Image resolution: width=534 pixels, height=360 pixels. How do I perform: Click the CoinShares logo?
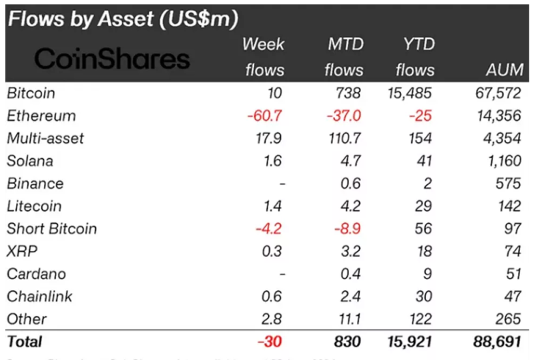112,59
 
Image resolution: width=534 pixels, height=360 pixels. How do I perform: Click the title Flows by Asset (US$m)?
122,19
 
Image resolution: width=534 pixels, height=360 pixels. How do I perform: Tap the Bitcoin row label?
31,93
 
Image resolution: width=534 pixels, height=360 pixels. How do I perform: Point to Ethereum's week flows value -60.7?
265,116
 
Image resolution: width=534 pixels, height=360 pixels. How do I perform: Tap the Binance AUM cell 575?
507,184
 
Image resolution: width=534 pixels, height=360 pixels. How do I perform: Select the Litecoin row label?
33,206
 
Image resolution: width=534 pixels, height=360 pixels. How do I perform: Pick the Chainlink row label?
39,297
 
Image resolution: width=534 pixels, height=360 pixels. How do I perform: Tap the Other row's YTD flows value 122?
421,319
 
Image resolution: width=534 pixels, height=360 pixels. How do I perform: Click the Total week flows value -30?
270,342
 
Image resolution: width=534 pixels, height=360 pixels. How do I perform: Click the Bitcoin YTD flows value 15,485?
408,93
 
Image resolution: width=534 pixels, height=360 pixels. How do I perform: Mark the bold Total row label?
25,342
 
